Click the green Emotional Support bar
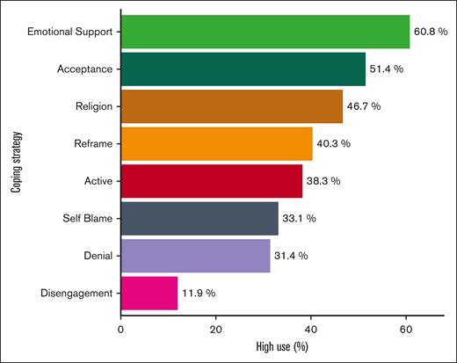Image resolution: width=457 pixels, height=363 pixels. pos(264,32)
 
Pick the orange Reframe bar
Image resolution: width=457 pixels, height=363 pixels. pos(216,143)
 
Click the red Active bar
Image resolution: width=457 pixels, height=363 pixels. pos(211,181)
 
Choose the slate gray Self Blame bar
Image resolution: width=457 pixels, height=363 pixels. pos(199,218)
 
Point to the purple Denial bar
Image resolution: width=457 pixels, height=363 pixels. pos(195,255)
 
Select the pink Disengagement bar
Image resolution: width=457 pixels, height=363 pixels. pos(149,293)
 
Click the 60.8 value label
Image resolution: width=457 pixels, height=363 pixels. pos(431,33)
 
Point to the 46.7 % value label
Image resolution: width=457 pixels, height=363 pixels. pos(368,106)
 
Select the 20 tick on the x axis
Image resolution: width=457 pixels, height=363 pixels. pos(216,330)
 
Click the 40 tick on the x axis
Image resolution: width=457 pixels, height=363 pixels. pos(311,330)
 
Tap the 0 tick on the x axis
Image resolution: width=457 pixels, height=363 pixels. pos(121,330)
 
